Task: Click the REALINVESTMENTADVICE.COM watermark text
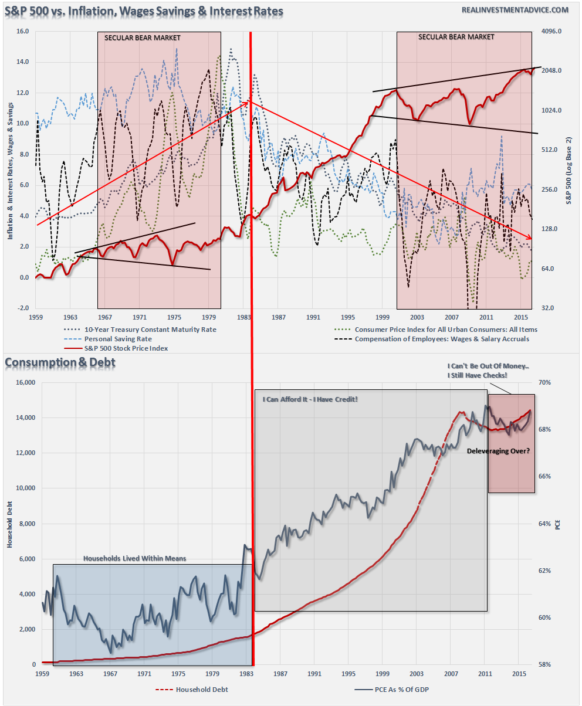tap(516, 10)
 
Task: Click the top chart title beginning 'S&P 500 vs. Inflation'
tap(144, 11)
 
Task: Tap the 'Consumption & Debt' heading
tap(60, 363)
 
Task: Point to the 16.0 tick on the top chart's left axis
tap(22, 32)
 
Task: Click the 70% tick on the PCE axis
tap(547, 382)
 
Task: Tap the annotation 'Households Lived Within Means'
tap(134, 558)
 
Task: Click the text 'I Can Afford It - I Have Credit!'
tap(309, 399)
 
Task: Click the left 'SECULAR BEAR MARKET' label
tap(142, 38)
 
